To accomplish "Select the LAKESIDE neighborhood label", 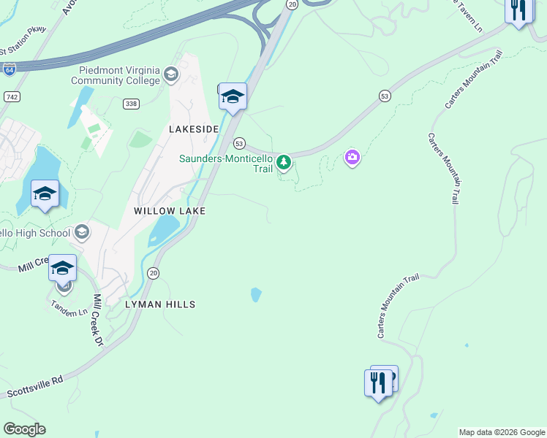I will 194,128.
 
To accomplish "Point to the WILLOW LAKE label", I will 170,210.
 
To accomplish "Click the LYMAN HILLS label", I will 160,304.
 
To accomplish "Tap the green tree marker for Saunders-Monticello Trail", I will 284,162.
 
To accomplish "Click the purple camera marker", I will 352,157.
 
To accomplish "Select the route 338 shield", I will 131,104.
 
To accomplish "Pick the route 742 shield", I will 11,96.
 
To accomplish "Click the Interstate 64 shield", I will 10,70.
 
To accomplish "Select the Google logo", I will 24,429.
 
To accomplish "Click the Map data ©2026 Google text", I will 502,432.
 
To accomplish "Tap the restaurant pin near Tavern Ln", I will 518,11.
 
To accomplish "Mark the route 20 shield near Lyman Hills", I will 153,273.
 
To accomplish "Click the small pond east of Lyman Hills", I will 256,294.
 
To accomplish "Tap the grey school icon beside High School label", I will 81,232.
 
